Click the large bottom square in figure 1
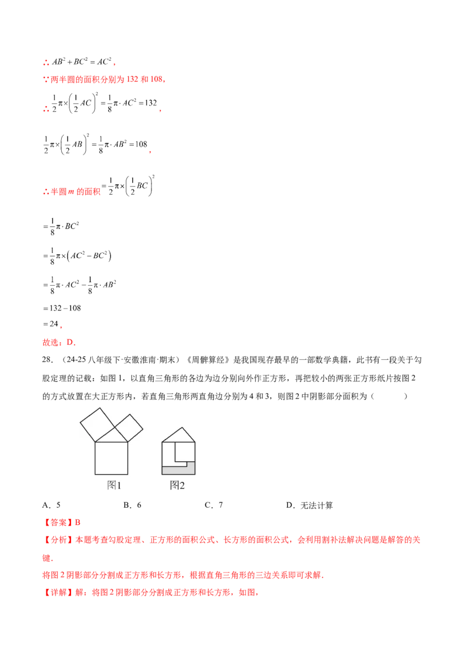pos(111,459)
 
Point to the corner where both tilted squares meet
pos(115,427)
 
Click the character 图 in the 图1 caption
pos(111,485)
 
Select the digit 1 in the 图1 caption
pos(118,485)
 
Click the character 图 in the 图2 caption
pos(174,485)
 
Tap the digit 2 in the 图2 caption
pos(181,485)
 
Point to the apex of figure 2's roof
pos(178,428)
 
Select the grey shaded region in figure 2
pos(178,470)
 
